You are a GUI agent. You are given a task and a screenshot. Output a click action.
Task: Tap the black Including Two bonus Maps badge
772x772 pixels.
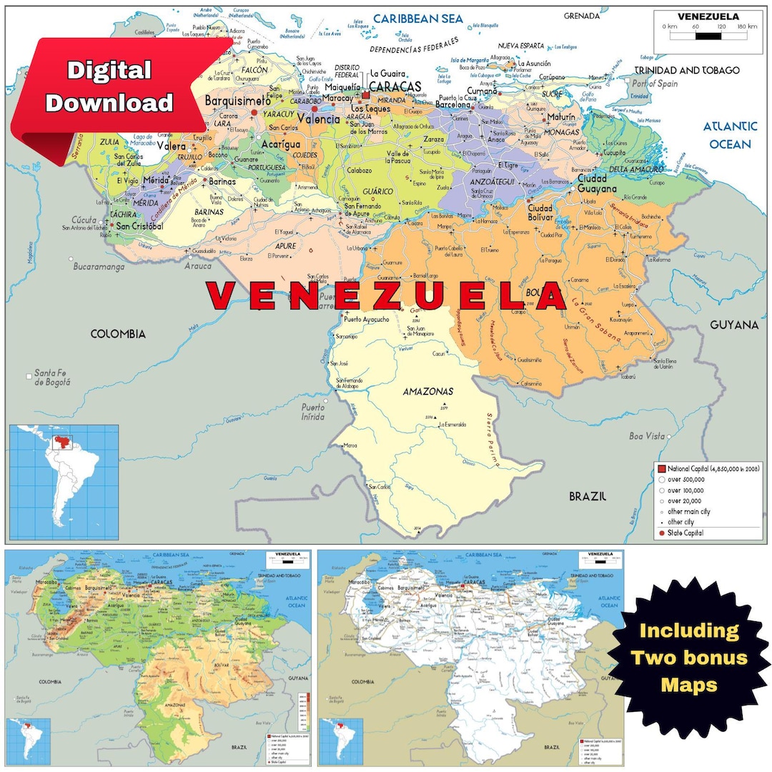pos(688,657)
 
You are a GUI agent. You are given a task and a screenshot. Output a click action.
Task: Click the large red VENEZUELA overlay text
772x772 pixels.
pos(386,296)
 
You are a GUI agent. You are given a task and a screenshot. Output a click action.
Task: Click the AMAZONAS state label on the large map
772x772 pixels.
pos(428,392)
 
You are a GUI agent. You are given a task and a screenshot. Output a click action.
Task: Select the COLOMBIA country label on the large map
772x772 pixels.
pos(118,334)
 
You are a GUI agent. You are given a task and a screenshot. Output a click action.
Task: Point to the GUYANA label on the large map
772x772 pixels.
pos(733,325)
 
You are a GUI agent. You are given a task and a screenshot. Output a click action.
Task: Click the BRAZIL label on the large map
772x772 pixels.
pos(588,495)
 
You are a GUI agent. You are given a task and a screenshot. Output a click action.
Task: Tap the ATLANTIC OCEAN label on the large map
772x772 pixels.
pos(729,135)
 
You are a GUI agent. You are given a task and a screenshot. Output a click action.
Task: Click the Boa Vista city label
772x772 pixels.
pos(646,435)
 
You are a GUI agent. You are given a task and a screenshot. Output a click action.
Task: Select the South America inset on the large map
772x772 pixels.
pos(63,482)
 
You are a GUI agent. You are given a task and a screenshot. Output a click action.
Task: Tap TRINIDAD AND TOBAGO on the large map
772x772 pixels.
pos(688,70)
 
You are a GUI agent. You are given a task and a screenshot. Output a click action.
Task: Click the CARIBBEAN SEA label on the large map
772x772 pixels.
pos(418,19)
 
